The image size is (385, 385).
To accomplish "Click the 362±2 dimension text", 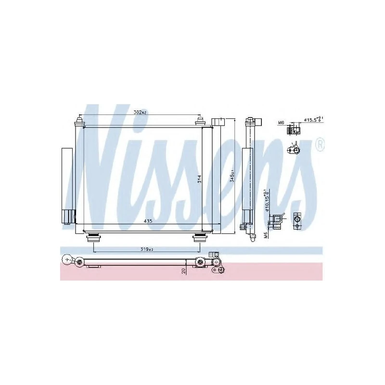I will [140, 112].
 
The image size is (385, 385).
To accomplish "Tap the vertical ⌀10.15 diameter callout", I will [266, 199].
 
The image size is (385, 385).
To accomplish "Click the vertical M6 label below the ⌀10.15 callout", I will [266, 234].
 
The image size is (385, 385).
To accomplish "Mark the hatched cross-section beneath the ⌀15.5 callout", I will [293, 130].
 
